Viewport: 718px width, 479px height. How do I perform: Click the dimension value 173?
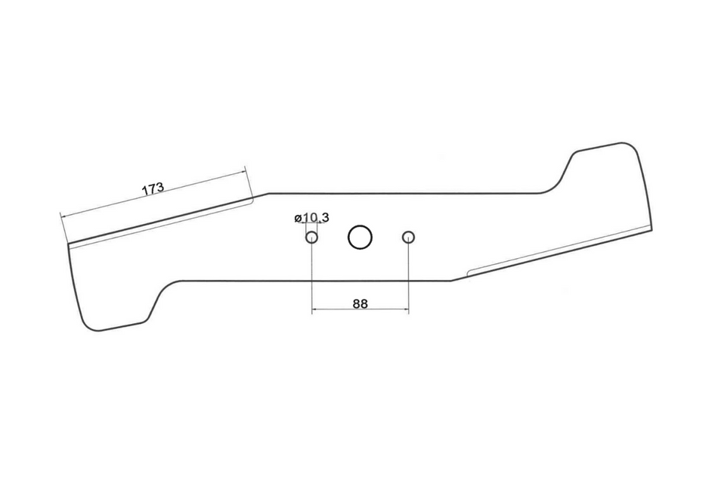tap(153, 189)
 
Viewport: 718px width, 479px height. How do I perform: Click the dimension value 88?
tap(360, 303)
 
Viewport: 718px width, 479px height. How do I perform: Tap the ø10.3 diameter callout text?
tap(311, 218)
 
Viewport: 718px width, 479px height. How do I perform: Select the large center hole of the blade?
tap(360, 237)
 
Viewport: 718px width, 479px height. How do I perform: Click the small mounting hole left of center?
tap(311, 238)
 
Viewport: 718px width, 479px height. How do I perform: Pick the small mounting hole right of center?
tap(408, 237)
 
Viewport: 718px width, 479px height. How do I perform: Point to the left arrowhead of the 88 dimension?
tap(314, 309)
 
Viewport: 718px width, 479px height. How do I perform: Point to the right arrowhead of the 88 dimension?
tap(406, 309)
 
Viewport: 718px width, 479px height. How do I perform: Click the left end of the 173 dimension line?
tap(60, 215)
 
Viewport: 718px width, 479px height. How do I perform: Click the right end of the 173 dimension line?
tap(246, 170)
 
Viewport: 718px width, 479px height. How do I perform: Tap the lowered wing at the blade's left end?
tap(113, 303)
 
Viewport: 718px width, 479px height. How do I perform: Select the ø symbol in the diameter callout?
tap(298, 219)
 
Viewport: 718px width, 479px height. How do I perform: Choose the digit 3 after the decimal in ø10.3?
tap(325, 218)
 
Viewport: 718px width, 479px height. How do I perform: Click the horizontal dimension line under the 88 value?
tap(360, 309)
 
